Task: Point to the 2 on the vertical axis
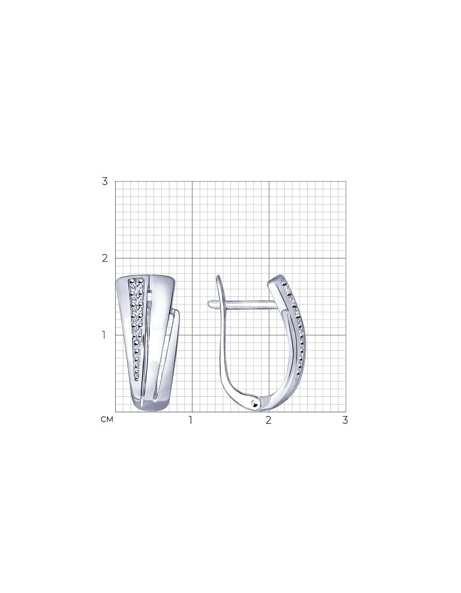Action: pyautogui.click(x=105, y=258)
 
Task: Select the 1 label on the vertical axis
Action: pyautogui.click(x=104, y=335)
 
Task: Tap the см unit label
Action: pyautogui.click(x=107, y=419)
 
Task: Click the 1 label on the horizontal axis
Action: pyautogui.click(x=190, y=420)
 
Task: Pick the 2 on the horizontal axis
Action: pyautogui.click(x=269, y=420)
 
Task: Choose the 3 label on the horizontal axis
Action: pyautogui.click(x=345, y=420)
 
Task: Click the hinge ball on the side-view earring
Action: pyautogui.click(x=254, y=403)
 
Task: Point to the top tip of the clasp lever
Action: pyautogui.click(x=217, y=276)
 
